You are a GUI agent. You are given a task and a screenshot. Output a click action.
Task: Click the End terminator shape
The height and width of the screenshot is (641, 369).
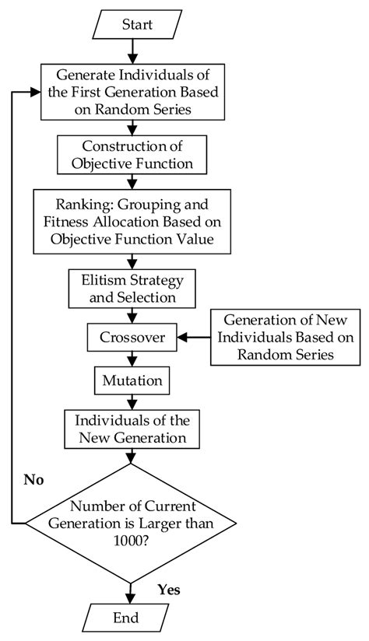[x=126, y=618]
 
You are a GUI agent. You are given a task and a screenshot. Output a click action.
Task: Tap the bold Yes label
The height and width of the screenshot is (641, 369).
[x=168, y=590]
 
